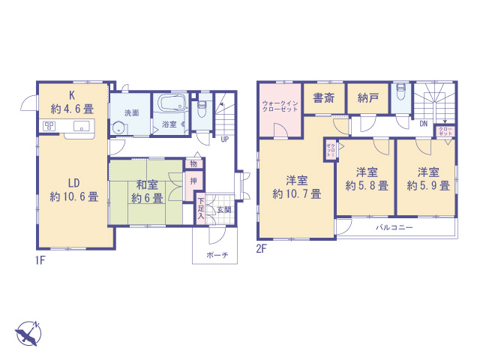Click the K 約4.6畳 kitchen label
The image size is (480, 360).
click(72, 101)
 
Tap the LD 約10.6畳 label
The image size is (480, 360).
click(73, 190)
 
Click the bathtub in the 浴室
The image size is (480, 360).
click(172, 104)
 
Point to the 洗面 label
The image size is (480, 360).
click(131, 112)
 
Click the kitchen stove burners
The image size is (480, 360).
click(49, 125)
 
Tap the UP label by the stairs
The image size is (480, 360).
click(224, 138)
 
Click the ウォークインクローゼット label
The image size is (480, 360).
click(280, 106)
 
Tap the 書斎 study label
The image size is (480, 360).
click(324, 97)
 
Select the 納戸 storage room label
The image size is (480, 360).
click(367, 97)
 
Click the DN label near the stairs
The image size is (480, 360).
click(423, 123)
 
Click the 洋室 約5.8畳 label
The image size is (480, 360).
click(365, 178)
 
